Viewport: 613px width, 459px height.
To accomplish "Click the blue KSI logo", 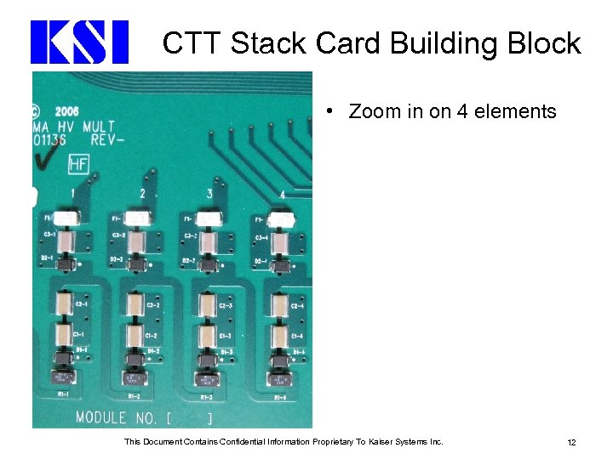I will pyautogui.click(x=79, y=42).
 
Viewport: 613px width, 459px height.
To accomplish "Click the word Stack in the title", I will pyautogui.click(x=271, y=42).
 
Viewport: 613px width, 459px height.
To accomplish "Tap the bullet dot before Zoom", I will pyautogui.click(x=328, y=111).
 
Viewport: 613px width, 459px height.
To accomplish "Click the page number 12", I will pyautogui.click(x=571, y=442).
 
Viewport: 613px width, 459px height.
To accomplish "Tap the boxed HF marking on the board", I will pyautogui.click(x=78, y=164).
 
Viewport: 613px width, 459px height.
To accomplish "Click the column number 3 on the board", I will pyautogui.click(x=209, y=195).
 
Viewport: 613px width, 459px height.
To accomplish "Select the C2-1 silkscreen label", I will pyautogui.click(x=83, y=304).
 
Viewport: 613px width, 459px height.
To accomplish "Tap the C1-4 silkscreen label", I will pyautogui.click(x=298, y=336).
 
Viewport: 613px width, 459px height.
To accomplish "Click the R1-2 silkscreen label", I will pyautogui.click(x=134, y=396).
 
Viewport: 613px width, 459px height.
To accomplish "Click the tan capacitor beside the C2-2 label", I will pyautogui.click(x=135, y=303).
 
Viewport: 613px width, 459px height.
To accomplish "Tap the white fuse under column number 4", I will pyautogui.click(x=283, y=220).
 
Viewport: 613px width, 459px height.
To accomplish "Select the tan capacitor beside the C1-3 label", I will pyautogui.click(x=207, y=334).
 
